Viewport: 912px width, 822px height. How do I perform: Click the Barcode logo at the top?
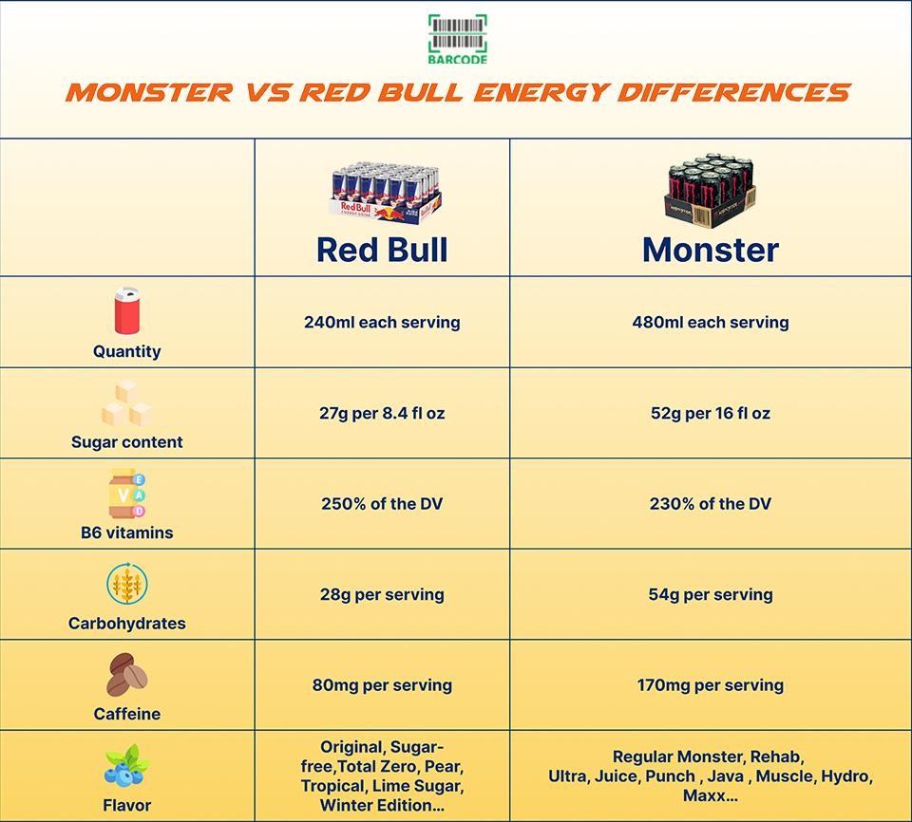[458, 39]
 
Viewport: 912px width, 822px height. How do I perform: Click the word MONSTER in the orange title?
[149, 92]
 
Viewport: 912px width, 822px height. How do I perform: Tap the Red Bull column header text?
[382, 250]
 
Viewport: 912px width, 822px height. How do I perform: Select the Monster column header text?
[711, 250]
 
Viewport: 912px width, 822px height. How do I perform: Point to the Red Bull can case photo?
[385, 193]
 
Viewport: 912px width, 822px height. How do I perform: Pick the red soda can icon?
[126, 310]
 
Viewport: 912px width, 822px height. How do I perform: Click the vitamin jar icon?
[126, 493]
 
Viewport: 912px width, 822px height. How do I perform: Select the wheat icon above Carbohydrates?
[126, 584]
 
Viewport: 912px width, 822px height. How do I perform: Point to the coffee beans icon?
[126, 674]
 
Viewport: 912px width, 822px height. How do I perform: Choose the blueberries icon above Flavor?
[126, 765]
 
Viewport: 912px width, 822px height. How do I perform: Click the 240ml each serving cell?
[382, 322]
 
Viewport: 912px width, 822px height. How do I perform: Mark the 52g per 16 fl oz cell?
[711, 413]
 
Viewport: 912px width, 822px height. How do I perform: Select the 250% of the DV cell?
[382, 503]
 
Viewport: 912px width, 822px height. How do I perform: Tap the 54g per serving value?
[711, 595]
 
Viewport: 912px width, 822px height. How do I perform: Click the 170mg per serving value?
[711, 685]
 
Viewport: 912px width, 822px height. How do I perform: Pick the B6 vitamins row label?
[126, 532]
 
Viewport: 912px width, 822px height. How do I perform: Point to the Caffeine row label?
[126, 714]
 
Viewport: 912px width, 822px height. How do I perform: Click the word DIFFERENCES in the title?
[734, 92]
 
